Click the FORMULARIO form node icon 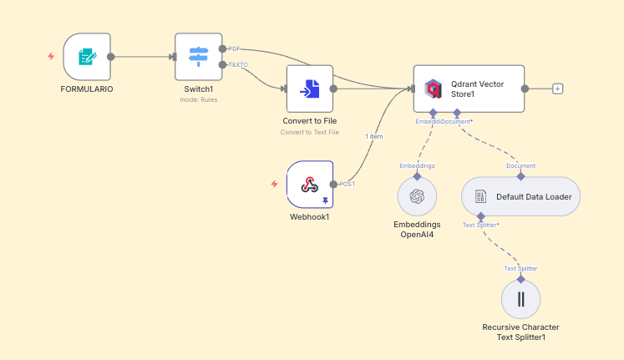[x=87, y=57]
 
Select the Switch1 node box [x=199, y=57]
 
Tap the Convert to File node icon [x=310, y=89]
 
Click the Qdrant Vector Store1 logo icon [x=433, y=89]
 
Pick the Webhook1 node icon [x=310, y=184]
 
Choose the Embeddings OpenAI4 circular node [x=418, y=197]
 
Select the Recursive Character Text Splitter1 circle [x=520, y=299]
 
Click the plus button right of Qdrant [x=558, y=89]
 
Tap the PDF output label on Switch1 [x=234, y=49]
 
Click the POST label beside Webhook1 [x=347, y=184]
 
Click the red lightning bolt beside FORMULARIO [x=51, y=57]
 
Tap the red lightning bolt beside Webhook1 [x=274, y=184]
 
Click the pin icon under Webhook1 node [x=325, y=200]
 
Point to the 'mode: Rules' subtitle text [x=199, y=100]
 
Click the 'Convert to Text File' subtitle [x=310, y=132]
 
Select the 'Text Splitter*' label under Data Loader [x=481, y=225]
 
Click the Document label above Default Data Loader [x=521, y=165]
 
